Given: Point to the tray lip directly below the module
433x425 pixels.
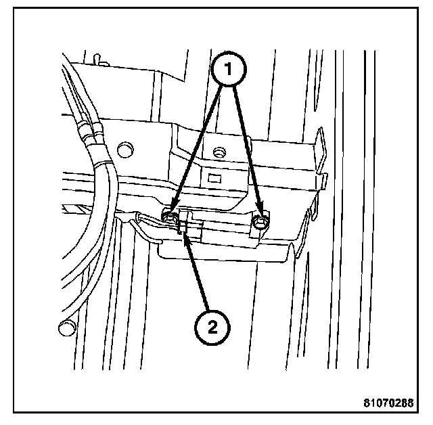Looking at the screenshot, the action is point(223,254).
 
